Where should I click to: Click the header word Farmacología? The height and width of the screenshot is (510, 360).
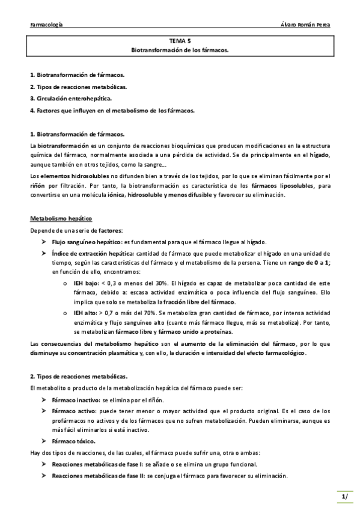pyautogui.click(x=47, y=25)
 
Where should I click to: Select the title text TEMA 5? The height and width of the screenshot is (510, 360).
pyautogui.click(x=180, y=41)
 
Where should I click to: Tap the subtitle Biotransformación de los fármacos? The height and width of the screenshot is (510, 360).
pyautogui.click(x=180, y=51)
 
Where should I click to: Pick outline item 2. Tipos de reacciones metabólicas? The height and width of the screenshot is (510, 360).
pyautogui.click(x=78, y=87)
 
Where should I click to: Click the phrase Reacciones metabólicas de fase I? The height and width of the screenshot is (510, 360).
pyautogui.click(x=97, y=464)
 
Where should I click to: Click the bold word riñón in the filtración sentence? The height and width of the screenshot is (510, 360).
pyautogui.click(x=38, y=185)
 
